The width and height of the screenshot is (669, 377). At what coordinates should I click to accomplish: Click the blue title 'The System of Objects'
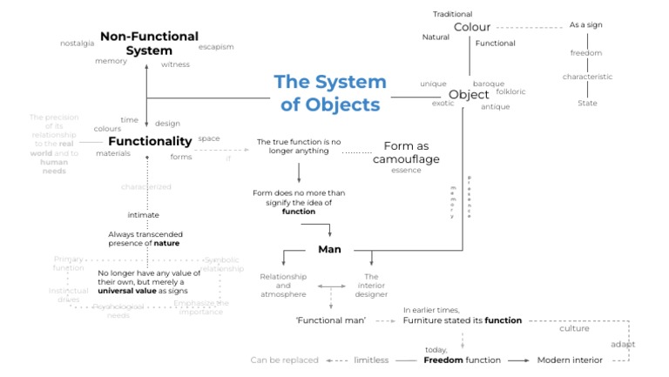click(329, 93)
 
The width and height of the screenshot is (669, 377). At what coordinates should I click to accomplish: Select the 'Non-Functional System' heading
click(148, 43)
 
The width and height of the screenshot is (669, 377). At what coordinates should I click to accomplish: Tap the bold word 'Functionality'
click(150, 141)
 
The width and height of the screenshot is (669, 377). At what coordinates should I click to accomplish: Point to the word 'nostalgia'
click(78, 43)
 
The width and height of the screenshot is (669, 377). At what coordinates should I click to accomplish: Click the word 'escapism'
click(216, 46)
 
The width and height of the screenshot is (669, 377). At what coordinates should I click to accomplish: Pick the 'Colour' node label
click(470, 27)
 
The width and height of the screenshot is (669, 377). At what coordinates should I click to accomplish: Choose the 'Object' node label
click(469, 94)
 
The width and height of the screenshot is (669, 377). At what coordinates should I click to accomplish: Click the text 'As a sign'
click(585, 25)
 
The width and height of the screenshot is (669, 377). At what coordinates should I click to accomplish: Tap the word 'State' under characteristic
click(587, 103)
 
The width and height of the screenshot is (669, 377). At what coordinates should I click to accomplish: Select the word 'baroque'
click(488, 84)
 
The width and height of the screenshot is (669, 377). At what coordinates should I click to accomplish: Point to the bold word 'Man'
click(329, 250)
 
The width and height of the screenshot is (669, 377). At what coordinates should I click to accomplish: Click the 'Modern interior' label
click(569, 360)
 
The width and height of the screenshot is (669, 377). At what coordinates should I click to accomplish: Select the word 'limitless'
click(371, 360)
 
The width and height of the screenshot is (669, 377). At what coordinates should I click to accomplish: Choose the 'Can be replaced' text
click(284, 360)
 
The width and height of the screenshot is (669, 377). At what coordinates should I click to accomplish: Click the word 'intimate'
click(143, 214)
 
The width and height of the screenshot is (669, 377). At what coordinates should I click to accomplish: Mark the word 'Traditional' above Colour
click(453, 14)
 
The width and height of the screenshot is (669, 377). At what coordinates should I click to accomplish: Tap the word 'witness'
click(175, 64)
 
